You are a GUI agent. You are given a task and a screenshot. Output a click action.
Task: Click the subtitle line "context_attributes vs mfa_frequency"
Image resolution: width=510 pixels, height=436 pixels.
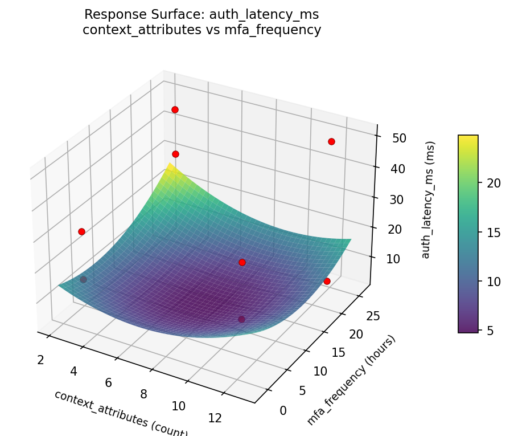(x=201, y=30)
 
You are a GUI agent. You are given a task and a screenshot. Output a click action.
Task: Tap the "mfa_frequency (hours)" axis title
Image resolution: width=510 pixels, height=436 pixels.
(x=351, y=380)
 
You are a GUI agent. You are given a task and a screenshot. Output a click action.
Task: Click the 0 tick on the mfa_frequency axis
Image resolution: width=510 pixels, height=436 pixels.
(x=283, y=410)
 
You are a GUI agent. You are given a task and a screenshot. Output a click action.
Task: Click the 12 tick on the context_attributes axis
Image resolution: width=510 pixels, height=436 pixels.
(x=215, y=418)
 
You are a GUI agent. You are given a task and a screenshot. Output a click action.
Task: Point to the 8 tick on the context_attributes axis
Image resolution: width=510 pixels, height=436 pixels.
(x=144, y=394)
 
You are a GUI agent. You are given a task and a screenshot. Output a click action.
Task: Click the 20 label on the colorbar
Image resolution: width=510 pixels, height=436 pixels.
(x=493, y=183)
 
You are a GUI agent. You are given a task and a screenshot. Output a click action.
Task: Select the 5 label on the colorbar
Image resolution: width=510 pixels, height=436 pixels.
(x=490, y=330)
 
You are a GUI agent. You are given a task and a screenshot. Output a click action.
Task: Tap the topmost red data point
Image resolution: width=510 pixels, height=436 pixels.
(x=175, y=109)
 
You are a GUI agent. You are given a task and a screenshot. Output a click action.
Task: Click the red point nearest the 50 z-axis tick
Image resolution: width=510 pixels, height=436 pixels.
(x=331, y=141)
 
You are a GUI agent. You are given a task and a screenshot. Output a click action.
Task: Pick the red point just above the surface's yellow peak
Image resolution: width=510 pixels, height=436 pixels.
(x=175, y=154)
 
